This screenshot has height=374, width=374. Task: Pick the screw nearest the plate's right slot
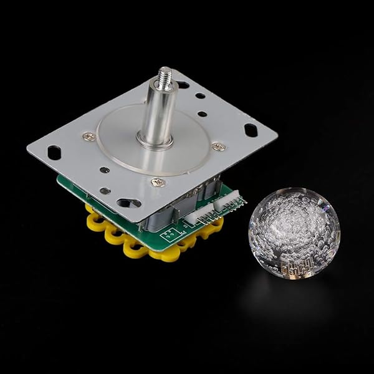tap(218, 146)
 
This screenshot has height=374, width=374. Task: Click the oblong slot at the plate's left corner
tap(54, 151)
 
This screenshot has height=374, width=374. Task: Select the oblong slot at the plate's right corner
tap(251, 130)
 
